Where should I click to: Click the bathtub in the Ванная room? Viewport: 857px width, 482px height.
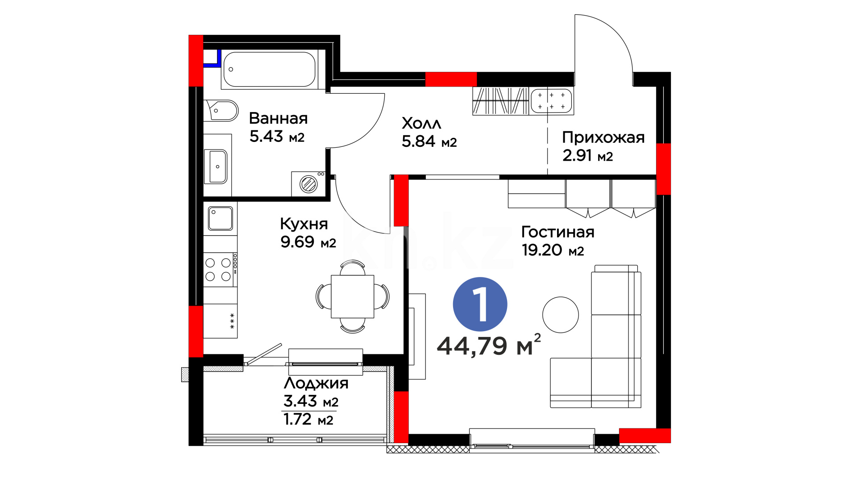(x=270, y=69)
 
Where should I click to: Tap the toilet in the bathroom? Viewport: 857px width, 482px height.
(x=221, y=111)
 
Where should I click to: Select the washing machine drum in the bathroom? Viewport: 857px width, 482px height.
(x=308, y=184)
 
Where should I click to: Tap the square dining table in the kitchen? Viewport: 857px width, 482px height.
(x=352, y=296)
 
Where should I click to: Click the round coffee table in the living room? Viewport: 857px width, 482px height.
(x=561, y=315)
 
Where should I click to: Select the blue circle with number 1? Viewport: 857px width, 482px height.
(x=480, y=304)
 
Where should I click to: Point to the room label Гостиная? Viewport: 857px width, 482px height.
(x=558, y=232)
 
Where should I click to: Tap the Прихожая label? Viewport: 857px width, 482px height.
(x=603, y=137)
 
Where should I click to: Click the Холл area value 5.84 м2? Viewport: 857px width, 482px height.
(x=429, y=141)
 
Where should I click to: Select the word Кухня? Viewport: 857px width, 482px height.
(x=304, y=224)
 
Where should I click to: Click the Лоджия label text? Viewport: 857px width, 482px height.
(x=316, y=383)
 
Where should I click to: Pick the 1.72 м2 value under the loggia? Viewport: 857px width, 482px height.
(x=308, y=420)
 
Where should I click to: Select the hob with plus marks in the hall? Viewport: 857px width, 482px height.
(x=551, y=101)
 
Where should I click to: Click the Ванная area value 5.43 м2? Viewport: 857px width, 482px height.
(x=277, y=136)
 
